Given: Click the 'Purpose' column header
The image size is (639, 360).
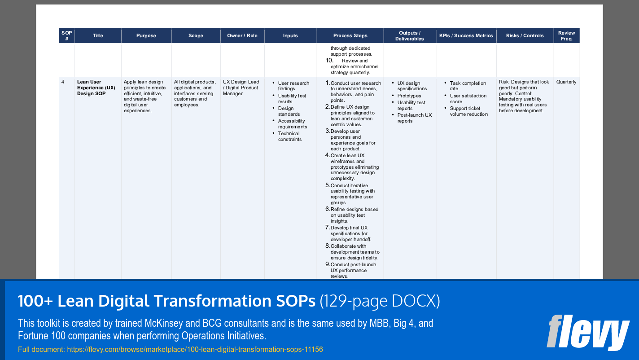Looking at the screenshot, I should click(x=146, y=36).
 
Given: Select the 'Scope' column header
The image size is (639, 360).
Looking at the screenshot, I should click(x=196, y=36).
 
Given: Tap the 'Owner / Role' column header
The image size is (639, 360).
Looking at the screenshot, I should click(x=242, y=36).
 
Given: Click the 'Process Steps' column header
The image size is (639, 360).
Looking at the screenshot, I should click(x=350, y=36).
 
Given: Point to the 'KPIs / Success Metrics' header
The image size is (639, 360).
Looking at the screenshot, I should click(x=466, y=36).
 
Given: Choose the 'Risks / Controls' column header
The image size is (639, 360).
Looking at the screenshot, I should click(x=525, y=36).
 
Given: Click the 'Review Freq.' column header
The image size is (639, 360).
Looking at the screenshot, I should click(x=566, y=36).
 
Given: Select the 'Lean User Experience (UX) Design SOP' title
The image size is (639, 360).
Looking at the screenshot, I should click(x=96, y=88).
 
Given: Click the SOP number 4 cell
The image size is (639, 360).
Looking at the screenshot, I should click(x=63, y=82).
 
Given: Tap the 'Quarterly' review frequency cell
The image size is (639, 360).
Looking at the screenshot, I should click(x=566, y=82).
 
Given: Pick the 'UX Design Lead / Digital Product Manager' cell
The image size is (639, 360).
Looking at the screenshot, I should click(x=241, y=88).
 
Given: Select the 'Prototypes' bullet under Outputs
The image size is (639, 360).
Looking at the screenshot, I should click(x=409, y=96).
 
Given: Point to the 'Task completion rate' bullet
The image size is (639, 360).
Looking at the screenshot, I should click(x=468, y=86).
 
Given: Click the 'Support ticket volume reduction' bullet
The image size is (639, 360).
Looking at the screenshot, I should click(x=468, y=111).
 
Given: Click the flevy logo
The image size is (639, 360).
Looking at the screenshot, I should click(x=587, y=332).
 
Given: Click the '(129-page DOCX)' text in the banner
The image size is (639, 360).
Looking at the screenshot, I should click(x=380, y=301).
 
